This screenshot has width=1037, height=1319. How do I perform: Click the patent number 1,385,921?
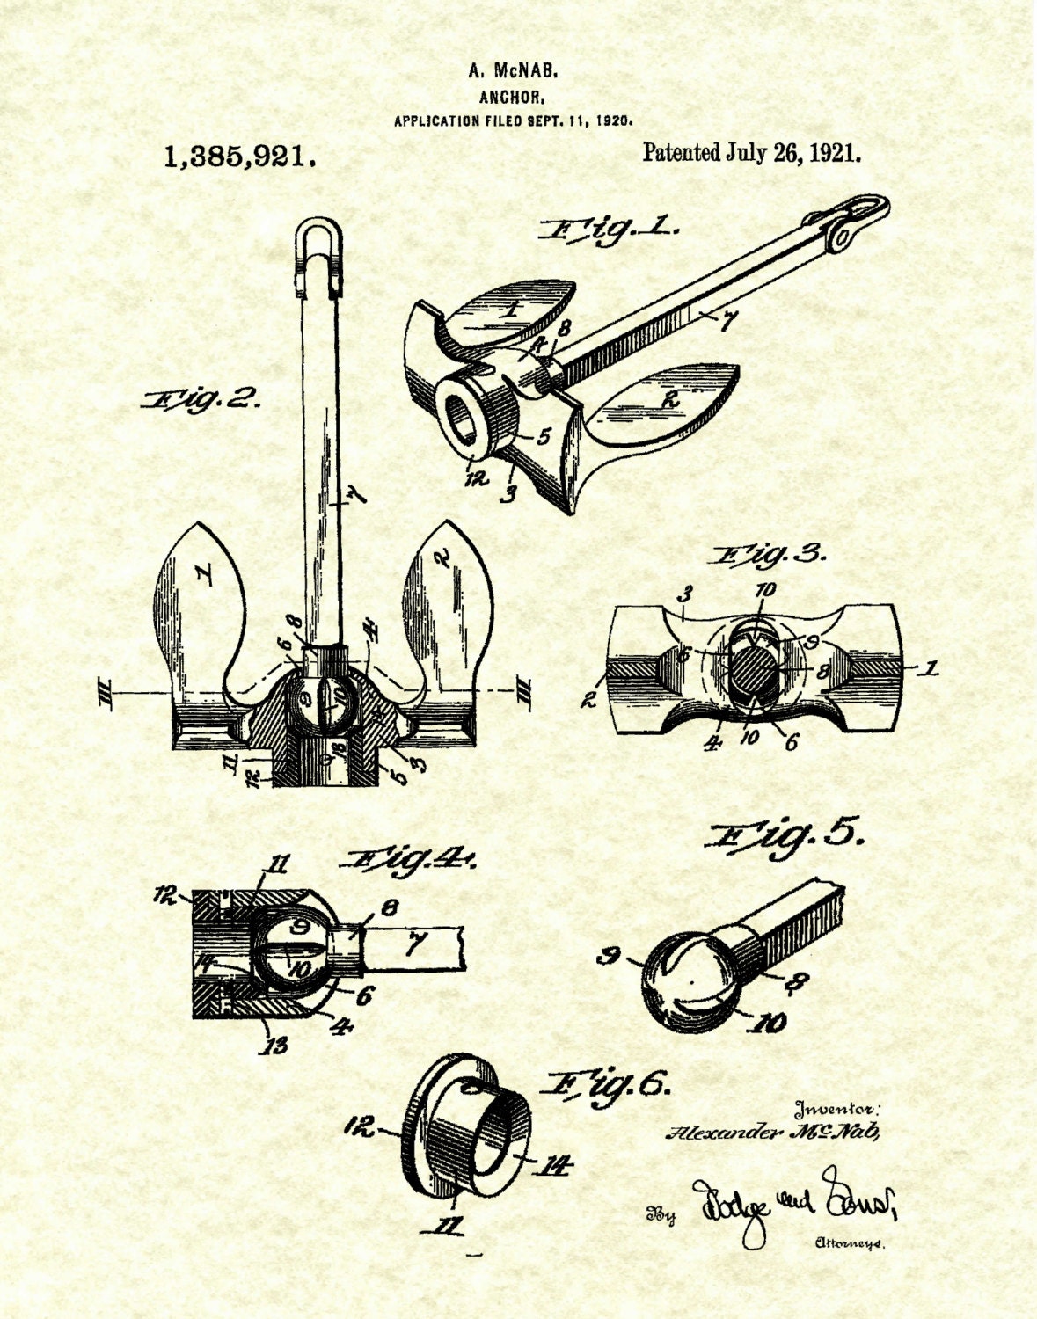(x=239, y=157)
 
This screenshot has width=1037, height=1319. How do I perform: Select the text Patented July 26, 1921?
(x=751, y=152)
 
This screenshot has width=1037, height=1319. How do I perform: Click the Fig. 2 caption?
(x=201, y=400)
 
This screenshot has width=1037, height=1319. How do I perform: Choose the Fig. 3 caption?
(x=771, y=556)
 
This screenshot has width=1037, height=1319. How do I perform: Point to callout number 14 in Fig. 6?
(x=552, y=1167)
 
